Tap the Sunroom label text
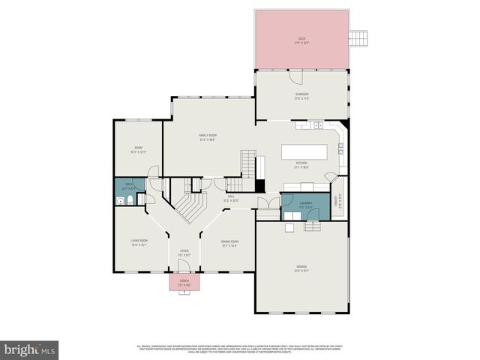pos(301,96)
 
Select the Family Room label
pos(208,137)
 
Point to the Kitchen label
pos(301,164)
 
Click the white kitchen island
pos(306,151)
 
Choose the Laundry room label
pos(305,204)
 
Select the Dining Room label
pos(229,243)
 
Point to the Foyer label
pos(184,253)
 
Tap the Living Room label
pos(139,242)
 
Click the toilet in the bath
pos(129,200)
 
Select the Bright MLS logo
pos(30,349)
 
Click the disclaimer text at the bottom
pos(239,349)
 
